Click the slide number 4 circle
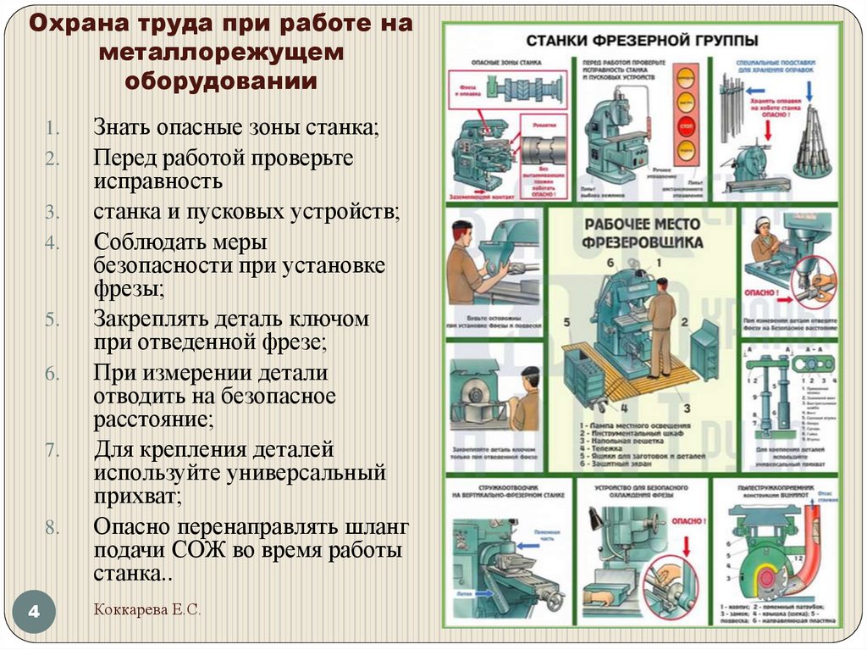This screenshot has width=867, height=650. point(35,611)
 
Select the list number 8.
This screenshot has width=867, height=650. point(52,527)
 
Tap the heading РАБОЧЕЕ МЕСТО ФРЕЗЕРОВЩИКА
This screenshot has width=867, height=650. point(642,233)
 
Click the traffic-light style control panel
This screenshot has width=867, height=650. point(687,115)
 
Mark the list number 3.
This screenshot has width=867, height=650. point(52,211)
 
